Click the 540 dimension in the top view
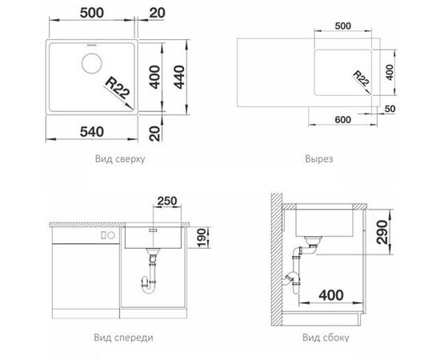pos(92,131)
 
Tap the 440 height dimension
pos(179,77)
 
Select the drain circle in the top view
pos(91,63)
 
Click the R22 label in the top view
pos(118,89)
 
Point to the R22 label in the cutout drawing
pos(361,78)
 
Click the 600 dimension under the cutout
pos(342,120)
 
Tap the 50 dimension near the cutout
pos(390,109)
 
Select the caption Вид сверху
pos(120,159)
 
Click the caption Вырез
pos(318,159)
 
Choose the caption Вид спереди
pos(123,338)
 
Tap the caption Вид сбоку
pos(326,338)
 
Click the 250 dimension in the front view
pos(167,201)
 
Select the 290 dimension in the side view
pos(382,232)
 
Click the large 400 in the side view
pos(331,295)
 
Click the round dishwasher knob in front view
pos(111,235)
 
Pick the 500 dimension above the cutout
pos(343,26)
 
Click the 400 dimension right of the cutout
pos(390,72)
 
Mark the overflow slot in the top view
pos(91,45)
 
